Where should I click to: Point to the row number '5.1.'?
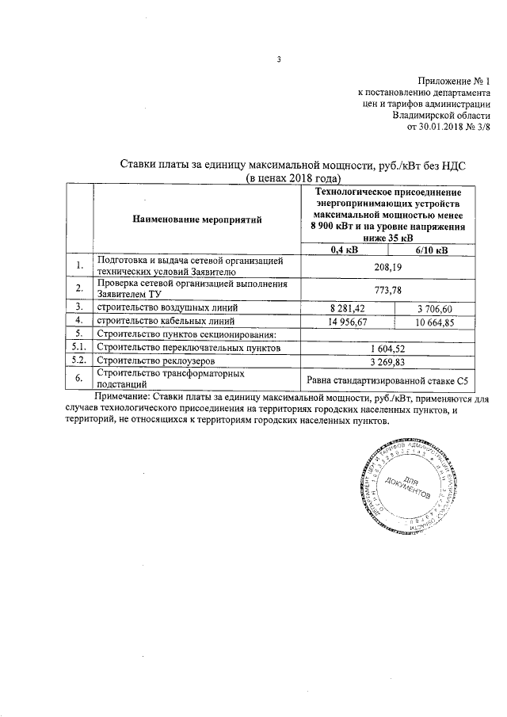click(x=78, y=348)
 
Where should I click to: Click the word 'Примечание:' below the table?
click(x=124, y=395)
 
